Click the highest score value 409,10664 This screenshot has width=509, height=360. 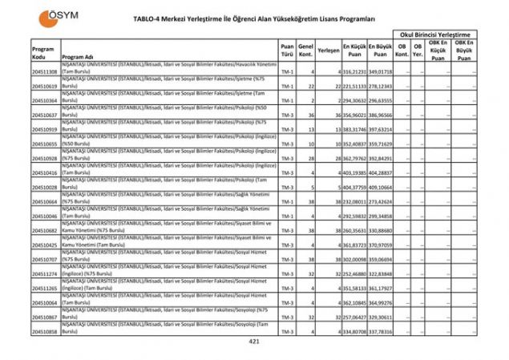(381, 186)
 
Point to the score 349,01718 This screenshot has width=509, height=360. (381, 71)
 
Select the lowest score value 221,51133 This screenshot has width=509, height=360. (355, 86)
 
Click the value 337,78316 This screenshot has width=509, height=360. (381, 330)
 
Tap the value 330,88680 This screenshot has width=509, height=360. (381, 229)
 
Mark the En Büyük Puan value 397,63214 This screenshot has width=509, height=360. (381, 129)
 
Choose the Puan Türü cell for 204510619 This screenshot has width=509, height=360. (287, 86)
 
